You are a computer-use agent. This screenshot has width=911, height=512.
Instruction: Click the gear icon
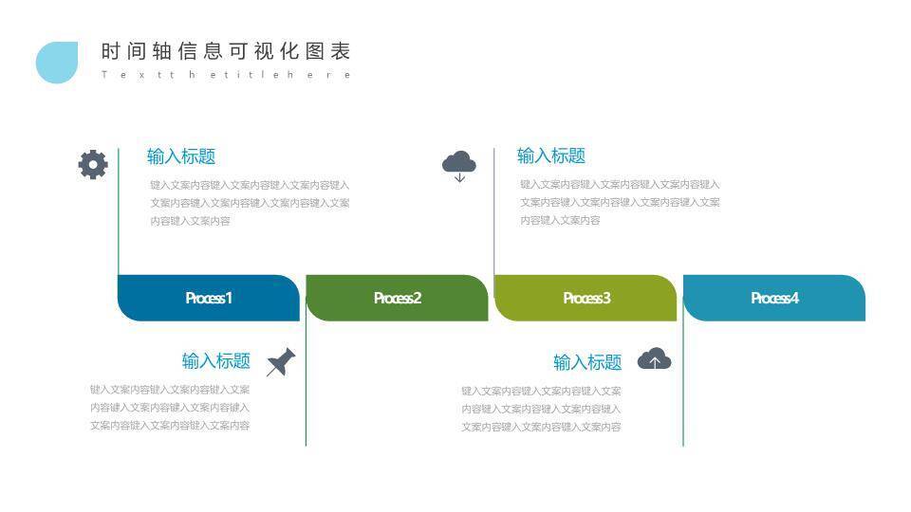pos(93,164)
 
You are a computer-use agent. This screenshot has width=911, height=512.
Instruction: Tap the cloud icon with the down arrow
pos(459,166)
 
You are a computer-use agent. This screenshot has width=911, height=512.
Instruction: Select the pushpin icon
pos(281,362)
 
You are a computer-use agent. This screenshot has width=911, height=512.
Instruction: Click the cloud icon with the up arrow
pos(654,359)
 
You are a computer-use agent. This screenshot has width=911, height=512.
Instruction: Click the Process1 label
pos(209,298)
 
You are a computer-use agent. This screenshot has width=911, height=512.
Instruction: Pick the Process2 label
pos(398,298)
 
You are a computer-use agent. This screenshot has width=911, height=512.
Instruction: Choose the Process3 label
pos(586,298)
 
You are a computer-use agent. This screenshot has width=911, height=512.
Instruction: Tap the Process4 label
pos(775,298)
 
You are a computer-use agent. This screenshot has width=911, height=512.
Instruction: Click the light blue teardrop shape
pos(56,63)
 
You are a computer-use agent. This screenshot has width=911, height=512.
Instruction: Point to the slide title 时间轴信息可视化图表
pos(226,51)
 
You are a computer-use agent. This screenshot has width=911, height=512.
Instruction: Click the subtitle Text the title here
pos(226,75)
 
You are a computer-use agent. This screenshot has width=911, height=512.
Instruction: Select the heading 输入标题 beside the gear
pos(181,156)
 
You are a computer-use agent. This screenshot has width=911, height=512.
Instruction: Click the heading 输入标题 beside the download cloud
pos(551,155)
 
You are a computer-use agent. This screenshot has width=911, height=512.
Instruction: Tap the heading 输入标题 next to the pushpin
pos(216,360)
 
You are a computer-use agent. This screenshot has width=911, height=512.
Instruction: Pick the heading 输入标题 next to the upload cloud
pos(587,362)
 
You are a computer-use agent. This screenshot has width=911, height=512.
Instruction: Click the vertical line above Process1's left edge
pos(119,211)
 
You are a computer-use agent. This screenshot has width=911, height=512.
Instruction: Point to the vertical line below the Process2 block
pos(306,383)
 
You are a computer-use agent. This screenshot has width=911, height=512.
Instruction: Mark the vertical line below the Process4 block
pos(683,383)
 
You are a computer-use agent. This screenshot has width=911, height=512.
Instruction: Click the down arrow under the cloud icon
pos(459,177)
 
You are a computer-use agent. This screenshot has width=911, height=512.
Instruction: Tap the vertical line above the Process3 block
pos(494,211)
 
